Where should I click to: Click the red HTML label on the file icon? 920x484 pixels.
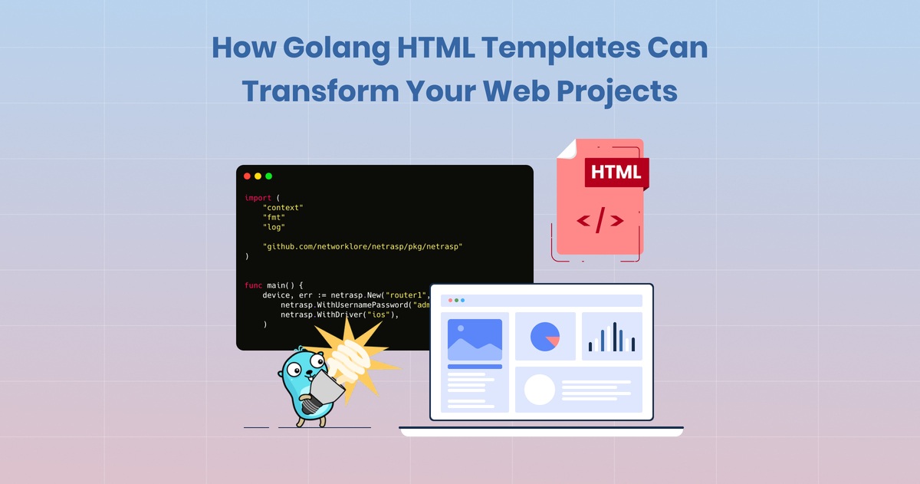[x=616, y=171]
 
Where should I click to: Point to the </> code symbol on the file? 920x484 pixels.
[x=600, y=221]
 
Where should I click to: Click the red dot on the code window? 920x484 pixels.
[x=247, y=176]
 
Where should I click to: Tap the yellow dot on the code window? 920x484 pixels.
[x=258, y=176]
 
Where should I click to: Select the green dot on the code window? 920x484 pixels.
[x=268, y=176]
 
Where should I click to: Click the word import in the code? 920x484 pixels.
[x=258, y=198]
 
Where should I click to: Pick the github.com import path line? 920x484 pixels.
[x=363, y=246]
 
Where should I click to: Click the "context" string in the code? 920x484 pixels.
[x=283, y=208]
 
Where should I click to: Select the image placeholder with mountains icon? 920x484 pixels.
[x=475, y=339]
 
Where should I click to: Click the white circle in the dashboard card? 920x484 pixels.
[x=539, y=390]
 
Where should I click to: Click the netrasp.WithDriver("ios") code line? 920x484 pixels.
[x=340, y=314]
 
